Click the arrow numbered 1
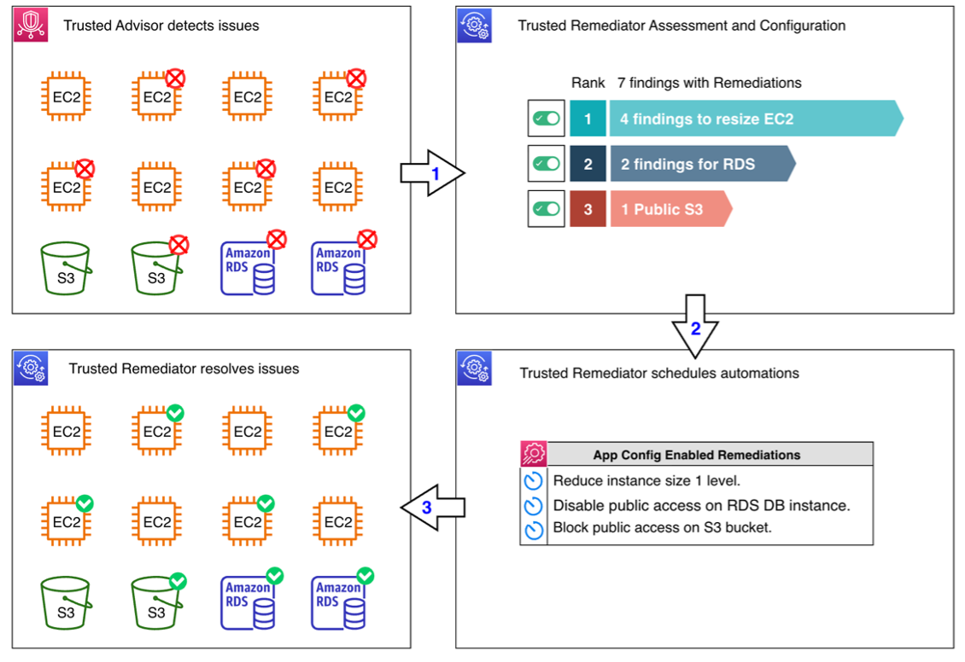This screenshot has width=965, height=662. pyautogui.click(x=432, y=173)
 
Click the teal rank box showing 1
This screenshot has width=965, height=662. pyautogui.click(x=587, y=119)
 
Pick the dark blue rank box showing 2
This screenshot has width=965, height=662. pyautogui.click(x=587, y=164)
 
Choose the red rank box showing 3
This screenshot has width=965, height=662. pyautogui.click(x=587, y=209)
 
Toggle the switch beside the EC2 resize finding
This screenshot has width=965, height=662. pyautogui.click(x=546, y=119)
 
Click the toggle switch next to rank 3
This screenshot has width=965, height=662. pyautogui.click(x=546, y=209)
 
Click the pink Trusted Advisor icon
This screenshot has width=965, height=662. pyautogui.click(x=30, y=26)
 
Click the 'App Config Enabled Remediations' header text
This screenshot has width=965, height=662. pyautogui.click(x=697, y=455)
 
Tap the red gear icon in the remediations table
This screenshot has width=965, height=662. pyautogui.click(x=534, y=454)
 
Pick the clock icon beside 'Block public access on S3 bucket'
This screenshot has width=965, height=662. pyautogui.click(x=534, y=529)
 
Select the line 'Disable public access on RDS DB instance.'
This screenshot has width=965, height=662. pyautogui.click(x=701, y=505)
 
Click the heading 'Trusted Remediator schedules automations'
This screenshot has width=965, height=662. pyautogui.click(x=659, y=373)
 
